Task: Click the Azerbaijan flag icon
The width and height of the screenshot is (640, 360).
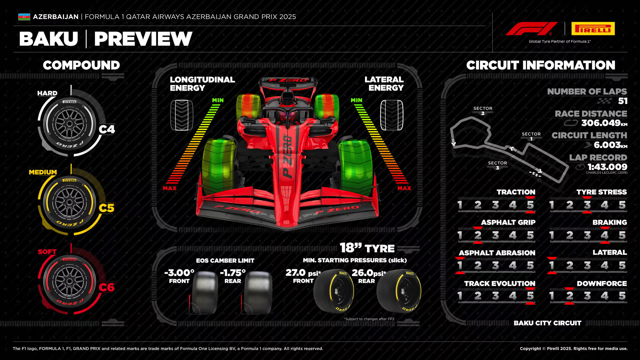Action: point(24,17)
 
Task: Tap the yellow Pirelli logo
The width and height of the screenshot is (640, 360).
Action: point(593,29)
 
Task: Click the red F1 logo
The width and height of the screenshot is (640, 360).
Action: point(531,29)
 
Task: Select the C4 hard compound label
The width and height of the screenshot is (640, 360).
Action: point(107,129)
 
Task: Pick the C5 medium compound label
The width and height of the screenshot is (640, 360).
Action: point(106,208)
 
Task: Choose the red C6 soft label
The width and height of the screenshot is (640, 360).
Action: point(106,287)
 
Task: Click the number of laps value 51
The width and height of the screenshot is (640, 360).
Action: point(622,101)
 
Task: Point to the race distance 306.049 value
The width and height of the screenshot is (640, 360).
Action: point(601,123)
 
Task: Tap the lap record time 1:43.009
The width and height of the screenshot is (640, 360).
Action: point(607,167)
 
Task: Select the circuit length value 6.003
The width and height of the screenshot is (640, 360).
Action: point(607,145)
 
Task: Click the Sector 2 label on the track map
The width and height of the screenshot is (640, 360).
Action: point(483,111)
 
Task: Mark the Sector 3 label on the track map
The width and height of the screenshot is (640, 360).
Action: point(497,165)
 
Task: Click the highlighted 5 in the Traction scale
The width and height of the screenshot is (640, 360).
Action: point(530,205)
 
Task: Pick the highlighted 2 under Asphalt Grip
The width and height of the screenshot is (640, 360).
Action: point(478,235)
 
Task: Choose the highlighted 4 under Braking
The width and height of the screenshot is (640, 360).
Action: point(604,235)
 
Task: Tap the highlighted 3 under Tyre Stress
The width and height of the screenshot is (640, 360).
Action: point(587,205)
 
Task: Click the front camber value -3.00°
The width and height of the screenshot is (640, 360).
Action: point(179,273)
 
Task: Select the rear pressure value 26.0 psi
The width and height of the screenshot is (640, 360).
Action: point(368,273)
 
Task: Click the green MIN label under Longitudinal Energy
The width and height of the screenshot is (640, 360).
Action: point(218,100)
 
